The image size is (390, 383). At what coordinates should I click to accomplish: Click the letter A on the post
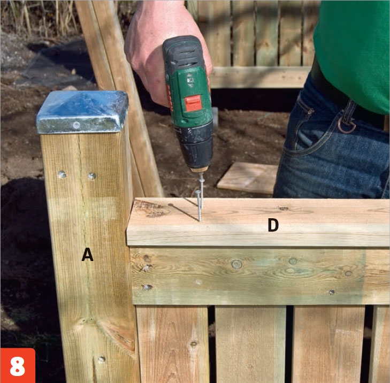click(87, 255)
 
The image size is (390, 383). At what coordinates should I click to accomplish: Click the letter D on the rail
click(273, 225)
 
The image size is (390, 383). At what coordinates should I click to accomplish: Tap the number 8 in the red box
click(18, 366)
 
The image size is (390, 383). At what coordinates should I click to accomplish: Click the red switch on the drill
click(193, 103)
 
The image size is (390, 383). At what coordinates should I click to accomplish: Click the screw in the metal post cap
click(77, 125)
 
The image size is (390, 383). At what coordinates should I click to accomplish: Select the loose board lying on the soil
click(248, 178)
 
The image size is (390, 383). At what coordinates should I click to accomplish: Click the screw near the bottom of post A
click(102, 359)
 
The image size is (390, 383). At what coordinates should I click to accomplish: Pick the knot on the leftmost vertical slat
click(193, 344)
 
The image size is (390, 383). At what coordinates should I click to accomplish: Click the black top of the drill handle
click(182, 53)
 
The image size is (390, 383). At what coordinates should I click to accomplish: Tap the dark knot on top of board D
click(284, 209)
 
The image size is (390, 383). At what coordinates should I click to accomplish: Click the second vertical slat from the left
click(250, 344)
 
